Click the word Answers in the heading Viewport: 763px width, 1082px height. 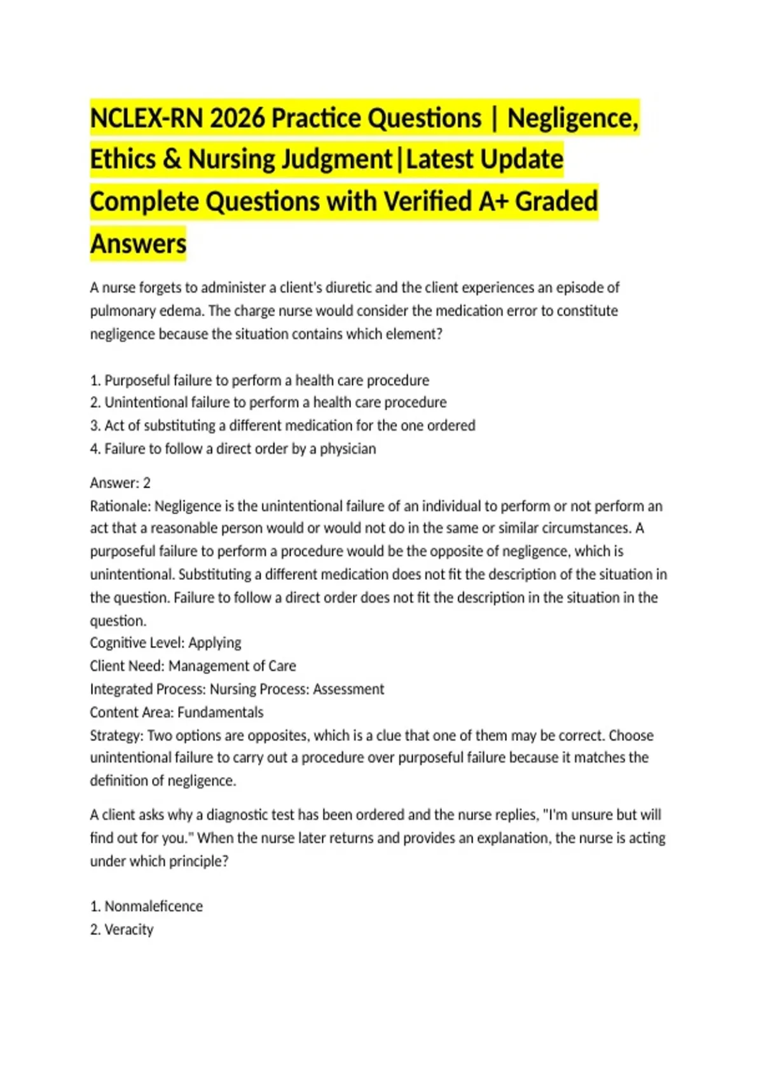point(139,244)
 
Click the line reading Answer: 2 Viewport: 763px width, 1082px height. point(120,483)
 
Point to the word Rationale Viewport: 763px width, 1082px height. point(120,507)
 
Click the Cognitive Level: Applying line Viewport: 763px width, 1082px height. point(165,643)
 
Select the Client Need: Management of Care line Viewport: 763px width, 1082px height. point(193,666)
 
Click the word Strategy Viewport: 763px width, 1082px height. point(116,736)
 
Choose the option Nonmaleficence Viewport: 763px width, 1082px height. point(153,906)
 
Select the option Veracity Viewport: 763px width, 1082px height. point(128,930)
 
